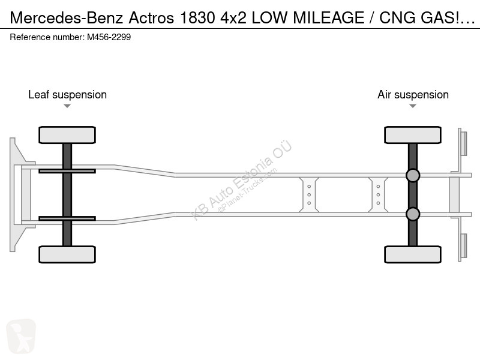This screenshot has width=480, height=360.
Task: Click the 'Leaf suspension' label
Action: click(67, 95)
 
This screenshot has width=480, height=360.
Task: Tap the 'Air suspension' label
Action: click(413, 95)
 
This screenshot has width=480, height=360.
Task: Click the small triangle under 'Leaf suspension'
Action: click(67, 106)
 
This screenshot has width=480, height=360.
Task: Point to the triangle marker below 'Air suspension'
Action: click(413, 106)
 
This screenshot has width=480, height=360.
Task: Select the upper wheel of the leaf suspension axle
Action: click(67, 134)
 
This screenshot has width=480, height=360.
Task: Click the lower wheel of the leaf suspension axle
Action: click(67, 254)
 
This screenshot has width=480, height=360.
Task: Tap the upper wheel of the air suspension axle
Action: click(413, 134)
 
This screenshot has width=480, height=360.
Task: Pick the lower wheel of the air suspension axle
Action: click(413, 254)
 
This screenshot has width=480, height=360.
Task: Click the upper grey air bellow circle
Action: click(413, 175)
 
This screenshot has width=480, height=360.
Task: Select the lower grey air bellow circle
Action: click(413, 214)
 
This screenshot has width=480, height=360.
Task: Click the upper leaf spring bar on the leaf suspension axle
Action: click(67, 171)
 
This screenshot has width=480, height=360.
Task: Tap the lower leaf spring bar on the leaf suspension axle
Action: click(67, 218)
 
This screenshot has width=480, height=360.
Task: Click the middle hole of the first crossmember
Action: click(309, 194)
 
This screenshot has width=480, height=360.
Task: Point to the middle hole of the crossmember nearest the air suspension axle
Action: click(378, 194)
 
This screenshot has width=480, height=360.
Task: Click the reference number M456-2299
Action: click(109, 37)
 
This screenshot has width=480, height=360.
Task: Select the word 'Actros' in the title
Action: click(151, 18)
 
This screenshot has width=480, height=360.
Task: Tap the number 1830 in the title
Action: click(197, 18)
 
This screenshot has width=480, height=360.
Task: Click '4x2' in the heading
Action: click(233, 18)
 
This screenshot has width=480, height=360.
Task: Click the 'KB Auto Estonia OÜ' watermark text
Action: click(241, 180)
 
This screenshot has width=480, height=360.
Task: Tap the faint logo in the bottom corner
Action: click(21, 336)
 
